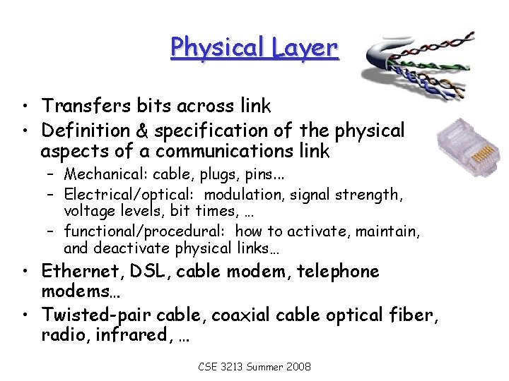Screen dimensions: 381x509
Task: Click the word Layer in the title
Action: [305, 48]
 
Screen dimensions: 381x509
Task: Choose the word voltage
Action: [88, 211]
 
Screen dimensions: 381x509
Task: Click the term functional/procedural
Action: [146, 231]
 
